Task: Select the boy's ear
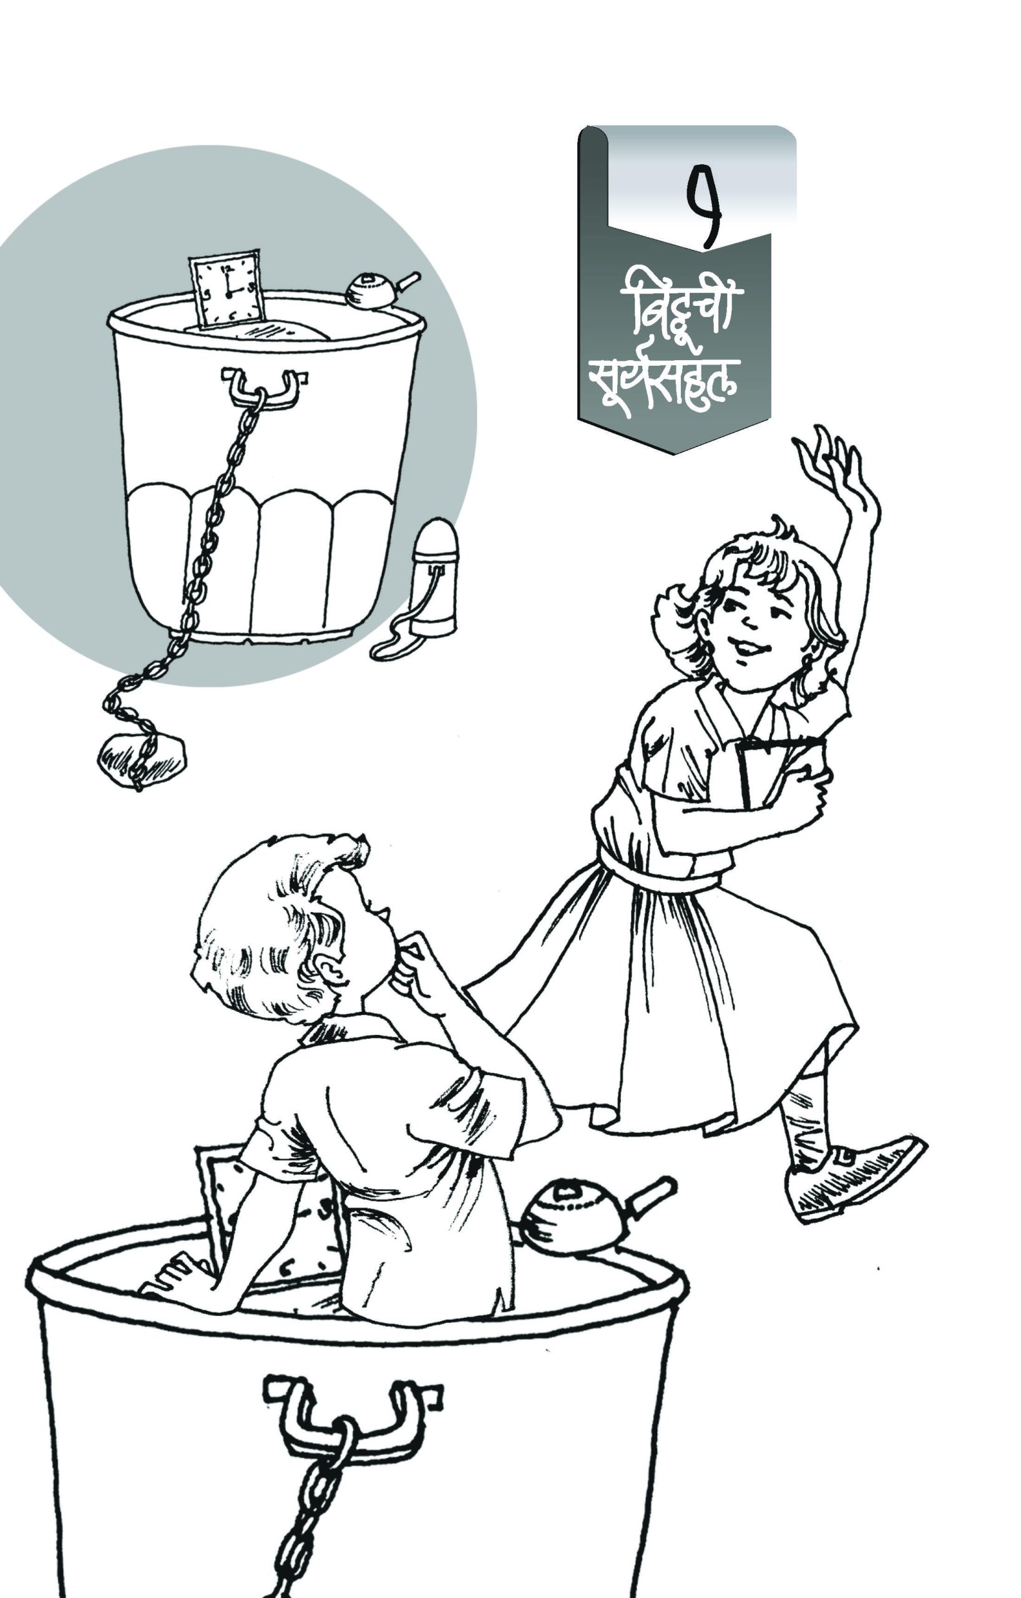330,970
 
